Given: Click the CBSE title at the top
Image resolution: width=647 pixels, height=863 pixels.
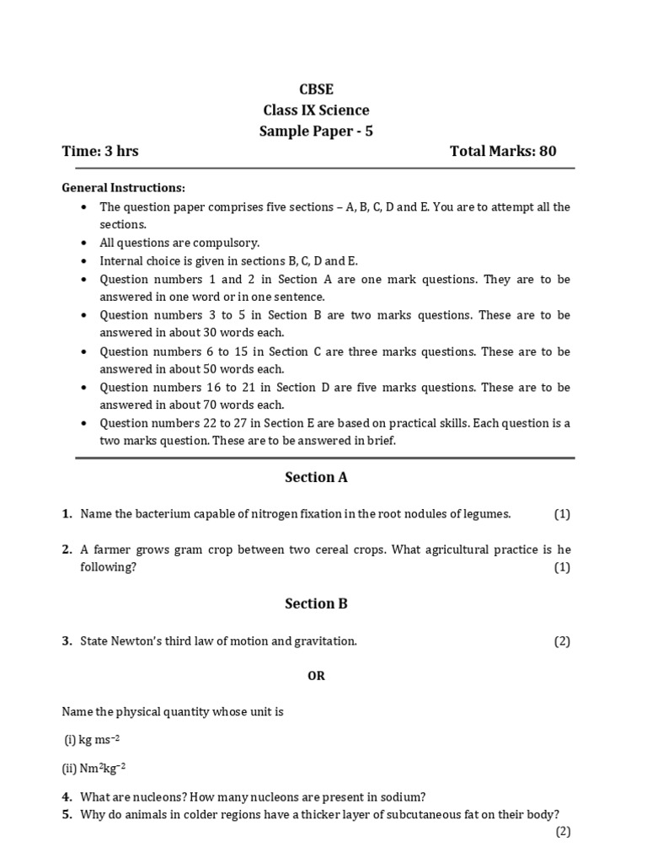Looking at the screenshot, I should (316, 89).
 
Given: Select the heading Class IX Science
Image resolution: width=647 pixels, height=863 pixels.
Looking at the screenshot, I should (316, 110).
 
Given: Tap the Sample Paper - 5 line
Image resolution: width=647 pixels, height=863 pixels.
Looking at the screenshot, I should (316, 131).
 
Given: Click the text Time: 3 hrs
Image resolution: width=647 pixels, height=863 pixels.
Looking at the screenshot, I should (100, 152).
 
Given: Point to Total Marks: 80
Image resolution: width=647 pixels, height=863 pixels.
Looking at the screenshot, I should (503, 152).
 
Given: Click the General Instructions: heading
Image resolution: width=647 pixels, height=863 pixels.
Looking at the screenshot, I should (124, 188).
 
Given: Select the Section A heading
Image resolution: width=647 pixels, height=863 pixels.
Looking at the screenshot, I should (316, 477).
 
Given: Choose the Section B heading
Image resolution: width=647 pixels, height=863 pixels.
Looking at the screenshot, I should (316, 603).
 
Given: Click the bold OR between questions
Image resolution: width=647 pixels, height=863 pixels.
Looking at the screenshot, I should (316, 676).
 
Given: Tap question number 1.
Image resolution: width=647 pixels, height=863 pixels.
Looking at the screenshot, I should (67, 514).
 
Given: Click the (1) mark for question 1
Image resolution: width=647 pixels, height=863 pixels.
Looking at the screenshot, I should (562, 514).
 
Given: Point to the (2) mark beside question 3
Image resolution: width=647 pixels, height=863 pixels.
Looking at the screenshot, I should (562, 641).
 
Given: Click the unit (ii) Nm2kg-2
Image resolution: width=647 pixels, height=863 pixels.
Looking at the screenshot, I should (94, 768).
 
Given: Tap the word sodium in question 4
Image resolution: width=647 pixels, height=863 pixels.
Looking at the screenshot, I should (404, 796).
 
